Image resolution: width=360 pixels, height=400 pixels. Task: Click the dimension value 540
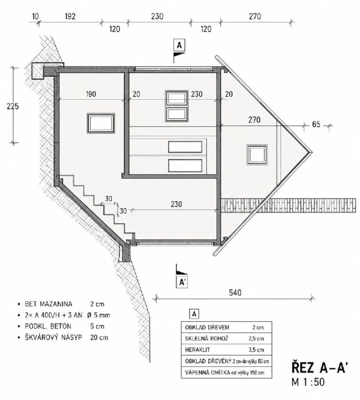point(235,292)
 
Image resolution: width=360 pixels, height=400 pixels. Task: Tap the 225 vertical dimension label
point(13,106)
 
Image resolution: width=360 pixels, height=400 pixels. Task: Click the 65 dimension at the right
point(316,124)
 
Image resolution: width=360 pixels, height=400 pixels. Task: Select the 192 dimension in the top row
point(70,16)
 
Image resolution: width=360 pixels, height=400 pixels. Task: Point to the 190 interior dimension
point(91,94)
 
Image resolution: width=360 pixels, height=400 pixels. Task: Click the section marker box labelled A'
point(182,282)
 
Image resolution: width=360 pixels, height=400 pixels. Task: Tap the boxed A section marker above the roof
point(179,46)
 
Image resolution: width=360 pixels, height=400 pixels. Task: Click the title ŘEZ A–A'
point(319,368)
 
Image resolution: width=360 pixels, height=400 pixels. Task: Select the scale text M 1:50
point(308,382)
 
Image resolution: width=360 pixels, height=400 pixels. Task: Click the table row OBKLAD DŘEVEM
point(226,327)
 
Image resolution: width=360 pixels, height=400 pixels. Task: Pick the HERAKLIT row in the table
point(226,350)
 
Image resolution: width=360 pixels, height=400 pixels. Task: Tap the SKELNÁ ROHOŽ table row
point(226,339)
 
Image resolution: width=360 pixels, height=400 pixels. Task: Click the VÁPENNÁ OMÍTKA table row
point(226,373)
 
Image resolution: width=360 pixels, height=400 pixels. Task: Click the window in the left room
point(101,123)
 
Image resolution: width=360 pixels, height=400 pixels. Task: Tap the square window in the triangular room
point(257,154)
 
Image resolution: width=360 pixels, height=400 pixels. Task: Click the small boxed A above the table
point(194,314)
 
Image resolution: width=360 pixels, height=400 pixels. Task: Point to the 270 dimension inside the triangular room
point(255,120)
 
